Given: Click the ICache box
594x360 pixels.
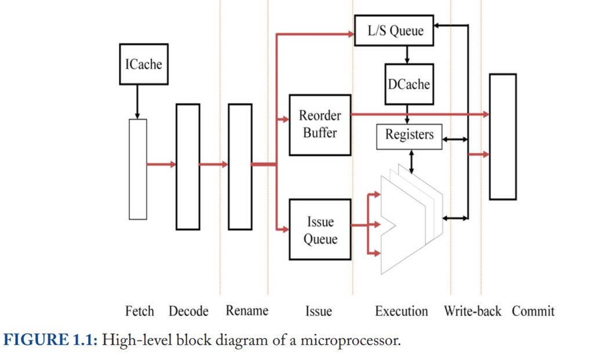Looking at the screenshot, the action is [x=144, y=64].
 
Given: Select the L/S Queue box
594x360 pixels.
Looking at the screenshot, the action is [x=394, y=30].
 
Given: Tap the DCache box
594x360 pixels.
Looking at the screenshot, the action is [x=409, y=84].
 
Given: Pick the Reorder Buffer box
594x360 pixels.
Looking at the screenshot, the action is [x=320, y=125].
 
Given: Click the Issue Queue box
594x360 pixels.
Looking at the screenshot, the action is [x=320, y=230].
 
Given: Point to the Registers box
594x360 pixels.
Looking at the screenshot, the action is [x=409, y=136].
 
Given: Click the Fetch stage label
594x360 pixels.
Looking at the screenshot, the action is [x=139, y=311].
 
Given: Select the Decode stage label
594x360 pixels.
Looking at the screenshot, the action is [x=189, y=311].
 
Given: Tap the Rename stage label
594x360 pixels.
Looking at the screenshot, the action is [x=247, y=311].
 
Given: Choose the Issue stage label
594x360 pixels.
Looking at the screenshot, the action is [x=318, y=311].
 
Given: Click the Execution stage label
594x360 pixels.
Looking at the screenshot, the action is [x=401, y=311].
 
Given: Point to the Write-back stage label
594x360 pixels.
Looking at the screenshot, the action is [x=472, y=311].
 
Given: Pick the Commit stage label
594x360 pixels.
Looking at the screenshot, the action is [x=533, y=311].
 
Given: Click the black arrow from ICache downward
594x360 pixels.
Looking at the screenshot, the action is [x=137, y=101].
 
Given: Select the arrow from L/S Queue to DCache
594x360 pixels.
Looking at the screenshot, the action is [x=407, y=55].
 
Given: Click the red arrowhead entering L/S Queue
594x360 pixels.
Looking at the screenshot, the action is [x=351, y=34].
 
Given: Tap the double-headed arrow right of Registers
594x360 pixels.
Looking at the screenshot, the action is [x=455, y=140].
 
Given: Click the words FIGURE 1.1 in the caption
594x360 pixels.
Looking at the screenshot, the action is [x=50, y=340].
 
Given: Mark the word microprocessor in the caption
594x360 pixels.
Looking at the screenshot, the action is [x=350, y=340].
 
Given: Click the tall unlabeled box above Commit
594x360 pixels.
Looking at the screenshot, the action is [x=503, y=137].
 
